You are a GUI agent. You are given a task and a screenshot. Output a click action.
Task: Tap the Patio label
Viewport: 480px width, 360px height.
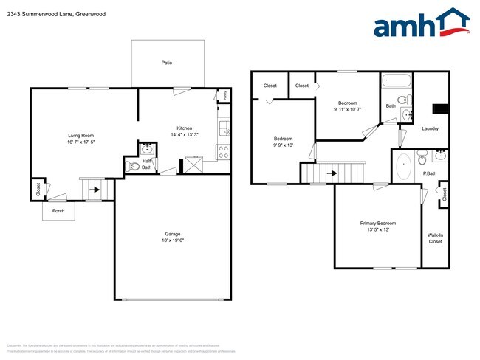(167, 63)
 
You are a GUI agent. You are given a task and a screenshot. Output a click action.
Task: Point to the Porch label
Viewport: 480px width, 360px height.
(57, 210)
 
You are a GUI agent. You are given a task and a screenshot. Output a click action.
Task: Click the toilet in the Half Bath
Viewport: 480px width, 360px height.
(134, 167)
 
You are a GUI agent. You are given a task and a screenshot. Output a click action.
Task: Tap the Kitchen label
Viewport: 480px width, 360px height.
(184, 128)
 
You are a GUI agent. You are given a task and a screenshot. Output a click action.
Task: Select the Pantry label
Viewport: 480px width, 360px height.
(224, 95)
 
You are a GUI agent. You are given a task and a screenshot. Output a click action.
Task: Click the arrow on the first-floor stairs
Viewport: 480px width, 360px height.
(95, 189)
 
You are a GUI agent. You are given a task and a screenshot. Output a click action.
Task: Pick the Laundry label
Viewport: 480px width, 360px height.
(430, 128)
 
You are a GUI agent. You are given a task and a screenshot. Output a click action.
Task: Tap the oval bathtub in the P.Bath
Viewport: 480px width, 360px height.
(403, 167)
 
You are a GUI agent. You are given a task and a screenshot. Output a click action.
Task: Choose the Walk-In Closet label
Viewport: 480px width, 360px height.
(435, 238)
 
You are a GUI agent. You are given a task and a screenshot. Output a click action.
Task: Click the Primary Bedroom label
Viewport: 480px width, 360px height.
(377, 224)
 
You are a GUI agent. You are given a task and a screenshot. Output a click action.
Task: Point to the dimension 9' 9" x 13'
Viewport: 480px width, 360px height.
(284, 145)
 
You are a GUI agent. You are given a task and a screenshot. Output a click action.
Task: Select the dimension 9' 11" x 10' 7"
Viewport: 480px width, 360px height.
(349, 109)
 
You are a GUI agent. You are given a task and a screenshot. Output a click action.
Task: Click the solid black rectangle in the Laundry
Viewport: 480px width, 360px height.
(440, 109)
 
